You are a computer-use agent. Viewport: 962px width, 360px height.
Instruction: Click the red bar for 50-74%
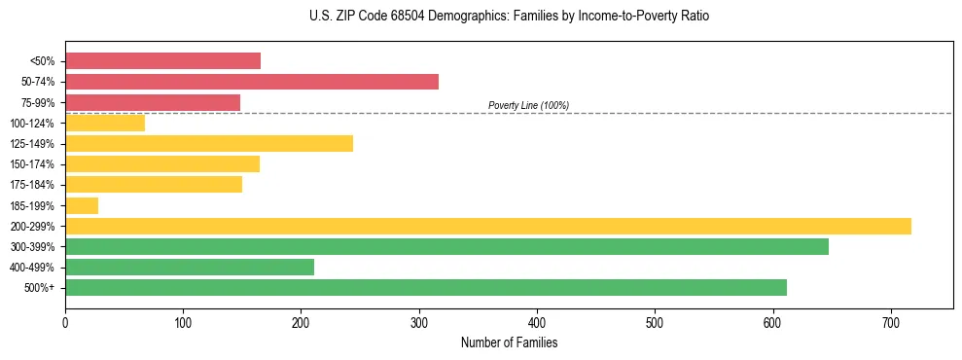pyautogui.click(x=252, y=82)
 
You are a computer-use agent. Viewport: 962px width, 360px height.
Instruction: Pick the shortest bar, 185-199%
pyautogui.click(x=82, y=205)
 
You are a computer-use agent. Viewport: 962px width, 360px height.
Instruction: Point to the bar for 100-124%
pyautogui.click(x=105, y=123)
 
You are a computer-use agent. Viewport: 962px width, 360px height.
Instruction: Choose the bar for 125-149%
pyautogui.click(x=209, y=144)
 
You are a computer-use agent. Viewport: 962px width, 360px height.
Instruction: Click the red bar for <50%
pyautogui.click(x=162, y=61)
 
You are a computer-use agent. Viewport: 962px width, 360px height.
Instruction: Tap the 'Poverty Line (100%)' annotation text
pyautogui.click(x=528, y=105)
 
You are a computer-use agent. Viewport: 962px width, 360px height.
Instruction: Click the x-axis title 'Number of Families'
pyautogui.click(x=509, y=342)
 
